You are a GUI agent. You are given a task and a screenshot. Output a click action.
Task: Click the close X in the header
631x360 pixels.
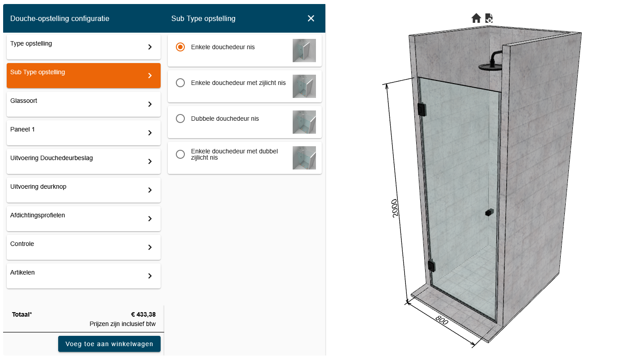[311, 18]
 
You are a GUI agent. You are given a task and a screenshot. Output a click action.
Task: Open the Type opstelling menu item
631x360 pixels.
[84, 47]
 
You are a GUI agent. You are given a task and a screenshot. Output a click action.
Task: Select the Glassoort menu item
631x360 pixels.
[84, 104]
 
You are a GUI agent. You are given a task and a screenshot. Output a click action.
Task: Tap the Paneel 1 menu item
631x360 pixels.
[84, 132]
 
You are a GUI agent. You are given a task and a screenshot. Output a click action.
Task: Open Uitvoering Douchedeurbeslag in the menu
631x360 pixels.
[84, 161]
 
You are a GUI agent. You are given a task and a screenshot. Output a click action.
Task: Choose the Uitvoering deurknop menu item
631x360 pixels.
[84, 190]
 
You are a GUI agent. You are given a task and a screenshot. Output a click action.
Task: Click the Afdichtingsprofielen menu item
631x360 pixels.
[84, 218]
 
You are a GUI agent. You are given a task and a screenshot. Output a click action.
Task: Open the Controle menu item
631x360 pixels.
[84, 247]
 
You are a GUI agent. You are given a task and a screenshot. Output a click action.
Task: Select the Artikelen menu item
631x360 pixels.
[84, 276]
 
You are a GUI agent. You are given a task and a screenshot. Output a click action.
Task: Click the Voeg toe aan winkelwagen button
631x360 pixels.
[109, 343]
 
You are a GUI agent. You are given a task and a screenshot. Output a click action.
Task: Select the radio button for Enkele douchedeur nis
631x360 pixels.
[180, 47]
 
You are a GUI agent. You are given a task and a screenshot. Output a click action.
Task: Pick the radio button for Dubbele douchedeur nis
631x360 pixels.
[180, 119]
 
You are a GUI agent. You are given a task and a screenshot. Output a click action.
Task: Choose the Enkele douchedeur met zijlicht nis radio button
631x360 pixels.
[180, 83]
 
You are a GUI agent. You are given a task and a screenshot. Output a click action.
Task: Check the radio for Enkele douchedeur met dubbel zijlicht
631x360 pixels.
[180, 154]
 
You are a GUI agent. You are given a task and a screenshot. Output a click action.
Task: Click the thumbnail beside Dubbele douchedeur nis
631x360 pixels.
[304, 122]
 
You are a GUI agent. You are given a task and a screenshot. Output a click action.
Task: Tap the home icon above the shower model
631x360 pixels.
[476, 18]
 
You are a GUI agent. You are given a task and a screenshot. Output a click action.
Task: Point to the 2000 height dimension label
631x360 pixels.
[395, 208]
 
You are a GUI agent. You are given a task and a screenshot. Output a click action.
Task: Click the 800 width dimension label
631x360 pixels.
[441, 320]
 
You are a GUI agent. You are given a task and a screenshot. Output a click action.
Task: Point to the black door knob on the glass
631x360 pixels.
[489, 212]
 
